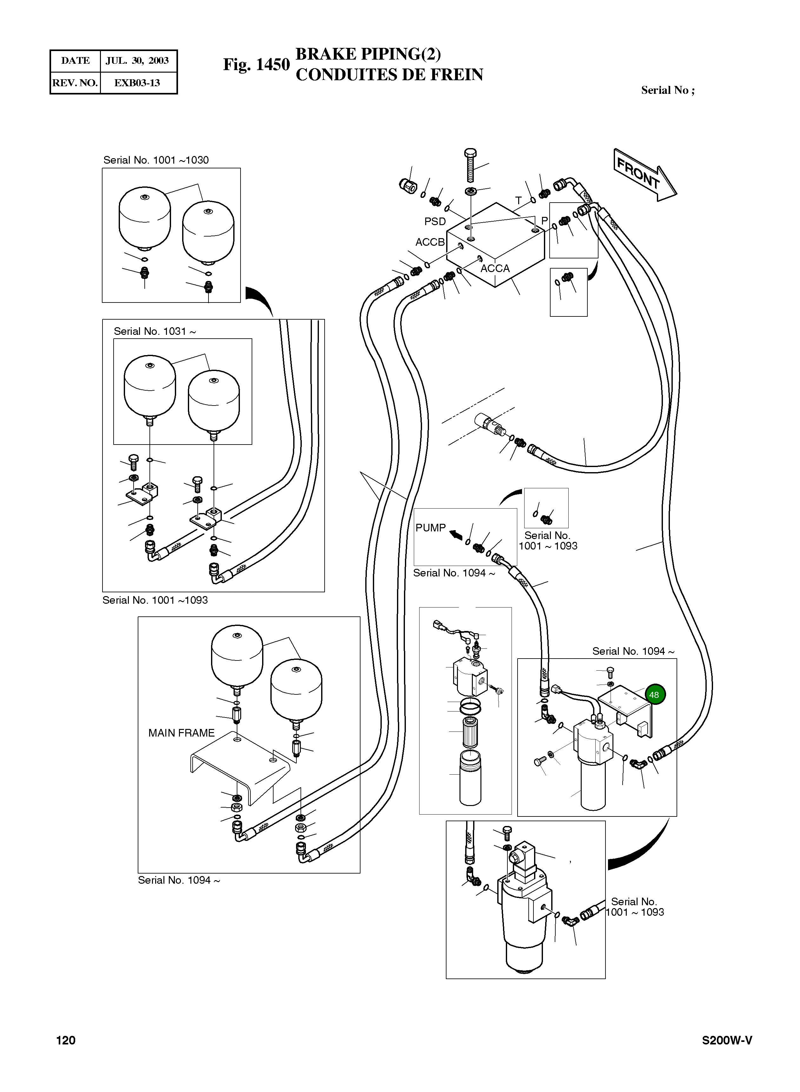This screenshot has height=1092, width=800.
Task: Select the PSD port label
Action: click(x=434, y=222)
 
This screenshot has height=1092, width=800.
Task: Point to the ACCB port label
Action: click(x=430, y=242)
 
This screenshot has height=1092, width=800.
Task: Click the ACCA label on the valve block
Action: click(x=495, y=269)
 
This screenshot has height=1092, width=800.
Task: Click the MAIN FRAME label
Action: click(x=181, y=733)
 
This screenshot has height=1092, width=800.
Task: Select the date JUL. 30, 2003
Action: click(x=137, y=61)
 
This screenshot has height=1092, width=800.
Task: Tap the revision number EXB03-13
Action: click(x=137, y=83)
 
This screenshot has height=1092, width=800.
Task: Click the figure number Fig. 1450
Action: click(x=256, y=64)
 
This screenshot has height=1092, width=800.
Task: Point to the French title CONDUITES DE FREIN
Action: click(x=389, y=75)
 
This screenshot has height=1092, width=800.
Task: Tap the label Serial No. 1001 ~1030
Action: click(x=156, y=160)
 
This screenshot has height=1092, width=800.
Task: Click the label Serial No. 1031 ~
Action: click(x=155, y=331)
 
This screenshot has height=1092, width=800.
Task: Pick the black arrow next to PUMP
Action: click(x=455, y=535)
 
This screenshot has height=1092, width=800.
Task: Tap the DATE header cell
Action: click(x=75, y=61)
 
